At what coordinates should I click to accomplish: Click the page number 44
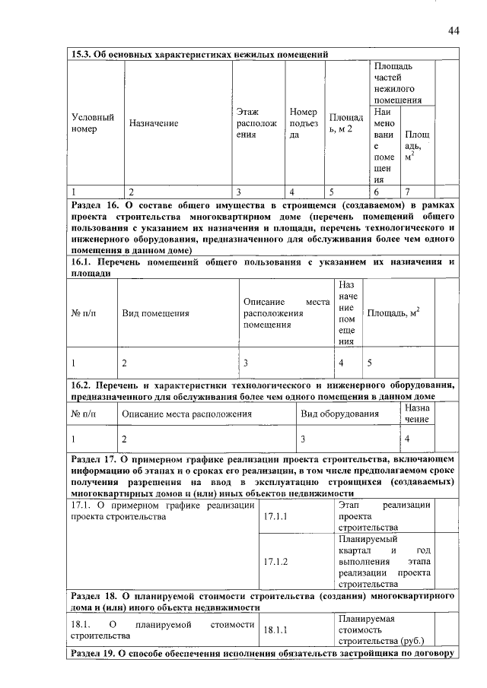click(453, 30)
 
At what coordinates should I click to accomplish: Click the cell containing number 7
click(409, 192)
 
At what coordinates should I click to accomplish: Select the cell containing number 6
click(377, 192)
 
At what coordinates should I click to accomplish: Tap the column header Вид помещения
click(155, 313)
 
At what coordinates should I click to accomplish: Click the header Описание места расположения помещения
click(285, 313)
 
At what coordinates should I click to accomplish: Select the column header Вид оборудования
click(339, 414)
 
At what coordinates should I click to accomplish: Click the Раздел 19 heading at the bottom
click(263, 654)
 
